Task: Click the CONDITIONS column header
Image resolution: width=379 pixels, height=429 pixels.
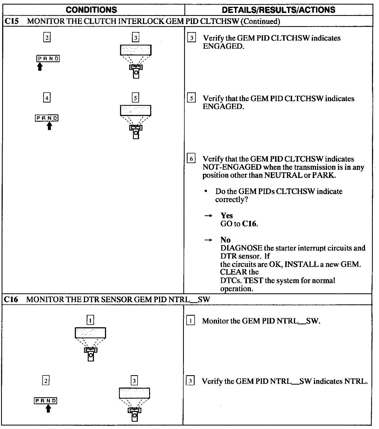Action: coord(91,10)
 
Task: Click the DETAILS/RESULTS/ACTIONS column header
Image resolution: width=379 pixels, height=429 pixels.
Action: coord(278,10)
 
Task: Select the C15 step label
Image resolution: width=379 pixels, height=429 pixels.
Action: coord(12,21)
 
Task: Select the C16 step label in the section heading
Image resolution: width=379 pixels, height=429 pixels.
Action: coord(11,299)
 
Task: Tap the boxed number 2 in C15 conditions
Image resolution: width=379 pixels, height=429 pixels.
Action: coord(47,37)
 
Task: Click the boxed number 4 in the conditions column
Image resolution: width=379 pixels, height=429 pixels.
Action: coord(47,98)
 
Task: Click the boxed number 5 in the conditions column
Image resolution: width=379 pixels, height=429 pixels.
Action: coord(135,98)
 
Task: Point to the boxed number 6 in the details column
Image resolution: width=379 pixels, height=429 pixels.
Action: coord(191,159)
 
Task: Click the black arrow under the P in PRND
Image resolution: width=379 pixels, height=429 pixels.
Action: coord(40,66)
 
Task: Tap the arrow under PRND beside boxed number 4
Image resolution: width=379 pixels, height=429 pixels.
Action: coord(49,126)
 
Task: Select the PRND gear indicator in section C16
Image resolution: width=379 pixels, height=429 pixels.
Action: coord(46,401)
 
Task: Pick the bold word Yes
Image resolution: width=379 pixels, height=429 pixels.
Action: coord(227,216)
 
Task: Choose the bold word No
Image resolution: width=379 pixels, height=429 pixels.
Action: coord(225,240)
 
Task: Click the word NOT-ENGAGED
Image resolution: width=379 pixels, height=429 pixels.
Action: coord(232,167)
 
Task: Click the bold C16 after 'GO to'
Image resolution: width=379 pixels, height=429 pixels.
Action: coord(250,224)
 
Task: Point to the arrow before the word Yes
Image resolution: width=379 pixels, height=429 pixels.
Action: coord(208,216)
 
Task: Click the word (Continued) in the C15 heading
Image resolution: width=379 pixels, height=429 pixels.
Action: coord(260,21)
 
